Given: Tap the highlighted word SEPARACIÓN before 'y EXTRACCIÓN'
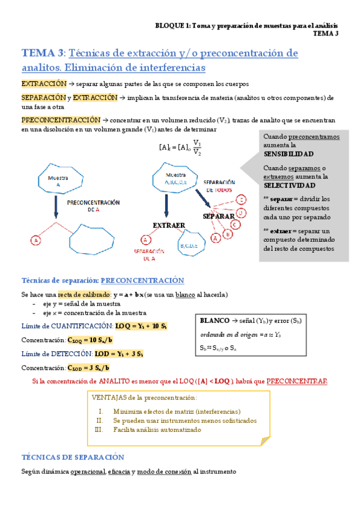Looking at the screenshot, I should [43, 97].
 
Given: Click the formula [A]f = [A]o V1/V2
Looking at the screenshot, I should [180, 147].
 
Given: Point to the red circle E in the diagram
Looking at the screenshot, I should [241, 199].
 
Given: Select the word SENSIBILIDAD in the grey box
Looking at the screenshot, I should [288, 154].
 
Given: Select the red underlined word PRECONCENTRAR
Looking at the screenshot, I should [296, 381].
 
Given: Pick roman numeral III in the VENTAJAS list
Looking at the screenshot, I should [100, 429].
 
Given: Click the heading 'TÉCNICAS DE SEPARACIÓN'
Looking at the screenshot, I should [72, 457].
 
